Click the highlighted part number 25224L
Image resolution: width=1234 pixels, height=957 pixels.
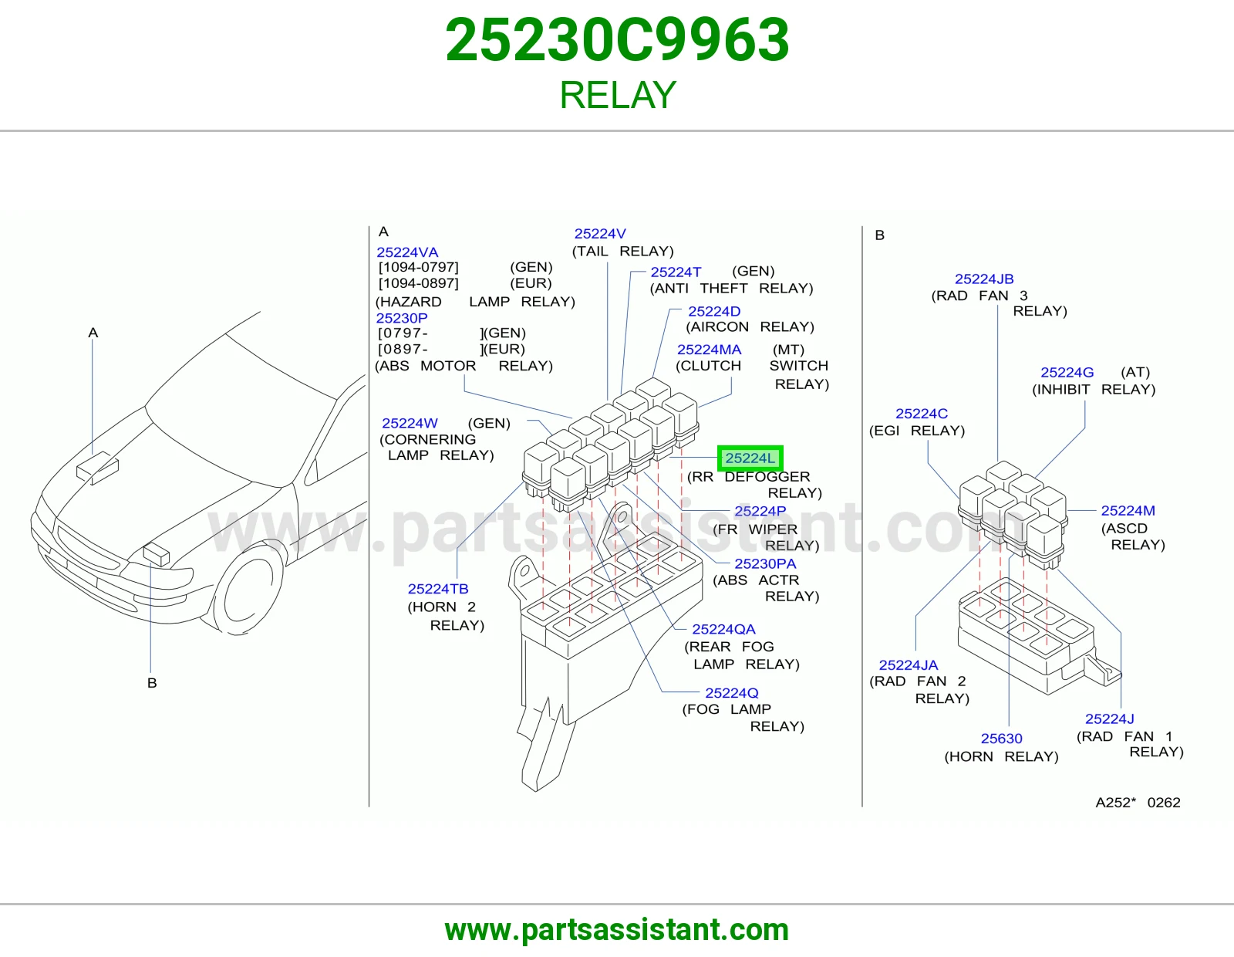tap(750, 458)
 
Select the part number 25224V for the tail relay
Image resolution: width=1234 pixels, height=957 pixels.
tap(600, 234)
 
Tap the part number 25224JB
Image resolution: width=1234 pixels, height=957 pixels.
tap(984, 279)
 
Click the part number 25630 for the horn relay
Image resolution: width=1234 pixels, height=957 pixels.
tap(1001, 739)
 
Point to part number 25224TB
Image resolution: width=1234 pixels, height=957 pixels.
tap(438, 589)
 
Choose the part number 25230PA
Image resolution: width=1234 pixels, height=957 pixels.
tap(765, 563)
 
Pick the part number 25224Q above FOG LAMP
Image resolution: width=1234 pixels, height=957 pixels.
tap(731, 693)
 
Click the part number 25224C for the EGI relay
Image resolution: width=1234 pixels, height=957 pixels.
tap(922, 413)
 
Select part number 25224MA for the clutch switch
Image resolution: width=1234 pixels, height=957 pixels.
tap(709, 350)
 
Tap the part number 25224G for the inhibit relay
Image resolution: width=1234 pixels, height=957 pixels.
tap(1067, 372)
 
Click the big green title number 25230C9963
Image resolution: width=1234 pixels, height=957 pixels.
tap(617, 40)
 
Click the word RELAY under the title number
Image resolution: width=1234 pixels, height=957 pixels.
tap(617, 95)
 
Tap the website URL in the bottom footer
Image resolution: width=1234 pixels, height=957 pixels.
tap(617, 930)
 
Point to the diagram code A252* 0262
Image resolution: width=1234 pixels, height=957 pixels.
tap(1138, 802)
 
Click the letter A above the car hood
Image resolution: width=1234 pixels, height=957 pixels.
tap(93, 333)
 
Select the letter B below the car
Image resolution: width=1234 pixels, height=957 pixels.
tap(152, 682)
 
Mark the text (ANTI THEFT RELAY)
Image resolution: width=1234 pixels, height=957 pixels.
tap(731, 288)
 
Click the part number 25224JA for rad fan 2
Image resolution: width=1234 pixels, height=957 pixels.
tap(908, 665)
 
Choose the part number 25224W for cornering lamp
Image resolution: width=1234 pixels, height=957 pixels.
tap(410, 424)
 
